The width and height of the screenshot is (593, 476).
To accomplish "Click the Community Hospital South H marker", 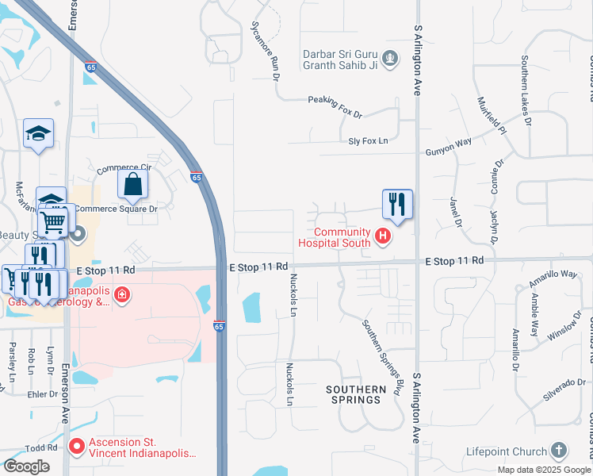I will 383,236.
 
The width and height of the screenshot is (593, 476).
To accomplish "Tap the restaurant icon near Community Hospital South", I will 396,204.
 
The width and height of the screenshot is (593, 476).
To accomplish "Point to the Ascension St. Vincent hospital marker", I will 77,446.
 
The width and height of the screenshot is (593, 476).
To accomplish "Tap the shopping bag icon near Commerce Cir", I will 133,184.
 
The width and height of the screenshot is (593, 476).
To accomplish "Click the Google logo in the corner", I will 26,466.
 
